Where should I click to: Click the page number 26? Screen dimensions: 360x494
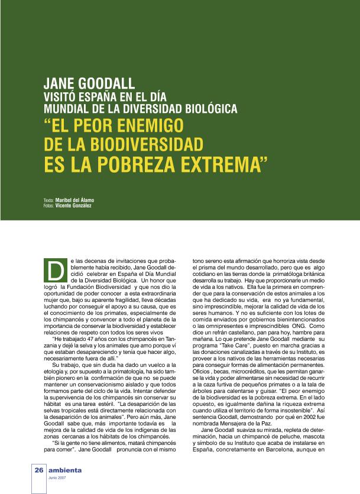pos(39,470)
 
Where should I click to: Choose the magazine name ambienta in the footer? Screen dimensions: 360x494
pos(65,470)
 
